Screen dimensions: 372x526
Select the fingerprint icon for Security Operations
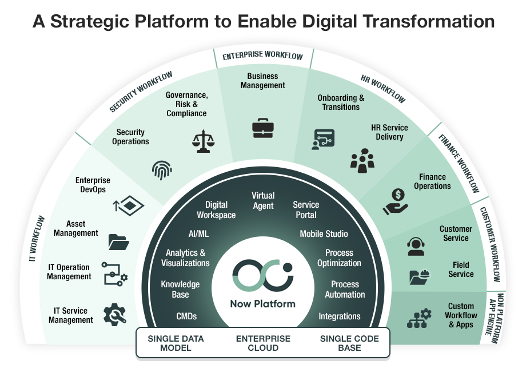pyautogui.click(x=162, y=170)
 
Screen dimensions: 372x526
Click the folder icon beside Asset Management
pyautogui.click(x=118, y=242)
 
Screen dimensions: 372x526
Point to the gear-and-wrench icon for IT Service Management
pyautogui.click(x=114, y=315)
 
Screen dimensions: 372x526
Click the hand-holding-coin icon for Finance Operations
pyautogui.click(x=394, y=202)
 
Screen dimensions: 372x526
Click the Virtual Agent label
pyautogui.click(x=263, y=201)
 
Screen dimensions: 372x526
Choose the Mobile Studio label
pyautogui.click(x=324, y=234)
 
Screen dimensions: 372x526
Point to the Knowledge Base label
pyautogui.click(x=180, y=289)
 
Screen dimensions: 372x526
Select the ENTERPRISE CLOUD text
pyautogui.click(x=263, y=343)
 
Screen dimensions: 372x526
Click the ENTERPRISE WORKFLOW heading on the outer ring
pyautogui.click(x=263, y=56)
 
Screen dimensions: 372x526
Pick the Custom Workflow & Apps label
pyautogui.click(x=461, y=315)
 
